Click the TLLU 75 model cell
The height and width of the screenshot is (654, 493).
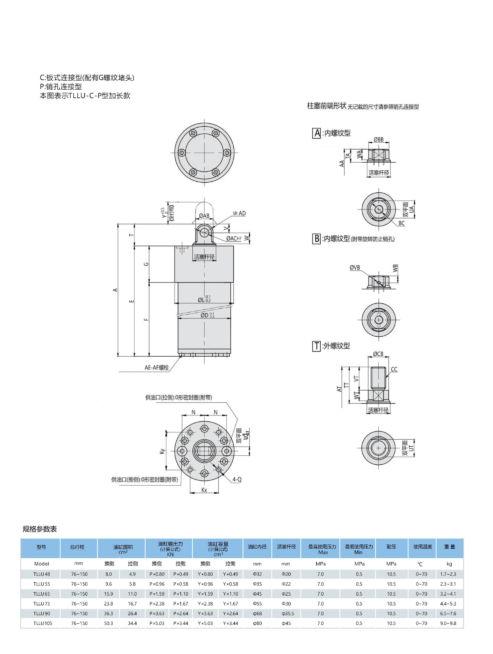point(42,603)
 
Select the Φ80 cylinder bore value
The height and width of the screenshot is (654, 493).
point(257,623)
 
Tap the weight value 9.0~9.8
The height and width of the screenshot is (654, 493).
point(448,623)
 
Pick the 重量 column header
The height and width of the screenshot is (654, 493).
point(450,547)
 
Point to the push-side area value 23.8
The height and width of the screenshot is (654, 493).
point(108,603)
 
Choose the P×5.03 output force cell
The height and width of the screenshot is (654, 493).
point(157,623)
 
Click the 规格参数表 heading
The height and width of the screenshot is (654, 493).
point(40,529)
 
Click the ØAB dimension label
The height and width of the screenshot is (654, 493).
point(204,216)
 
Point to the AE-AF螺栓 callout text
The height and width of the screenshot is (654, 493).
point(157,367)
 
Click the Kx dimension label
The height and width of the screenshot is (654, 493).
point(204,490)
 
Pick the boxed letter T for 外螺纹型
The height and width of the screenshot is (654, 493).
point(316,346)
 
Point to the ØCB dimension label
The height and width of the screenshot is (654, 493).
point(378,354)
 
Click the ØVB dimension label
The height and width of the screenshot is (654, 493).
point(355,268)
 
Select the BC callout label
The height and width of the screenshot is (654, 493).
point(401,223)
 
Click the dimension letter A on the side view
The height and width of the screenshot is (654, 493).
point(116,290)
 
